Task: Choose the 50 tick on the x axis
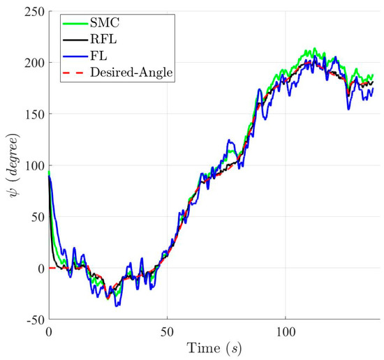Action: [167, 331]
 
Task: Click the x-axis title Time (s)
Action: [214, 347]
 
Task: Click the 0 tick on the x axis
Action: [49, 331]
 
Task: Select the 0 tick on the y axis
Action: [38, 269]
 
